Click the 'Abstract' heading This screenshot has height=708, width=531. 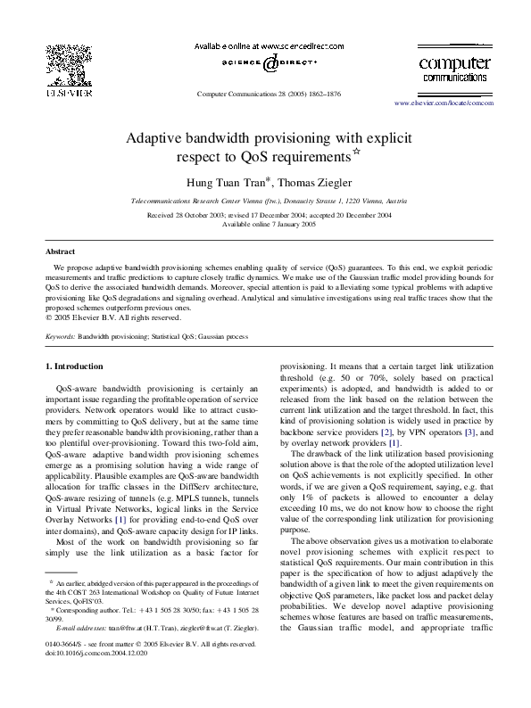(x=60, y=252)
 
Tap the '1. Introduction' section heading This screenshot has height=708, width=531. (x=74, y=366)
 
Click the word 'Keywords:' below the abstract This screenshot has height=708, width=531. (x=60, y=338)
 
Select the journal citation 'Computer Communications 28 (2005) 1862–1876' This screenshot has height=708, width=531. (x=267, y=94)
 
